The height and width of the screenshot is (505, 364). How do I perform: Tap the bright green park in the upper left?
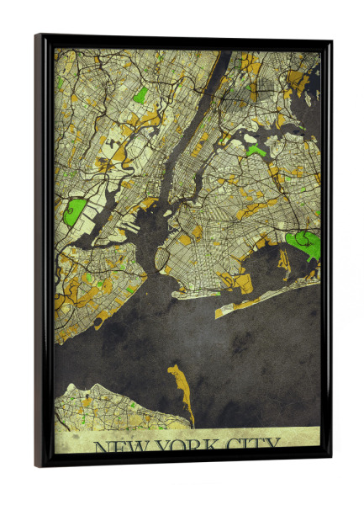click(x=140, y=94)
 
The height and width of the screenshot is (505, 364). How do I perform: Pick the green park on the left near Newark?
click(x=75, y=211)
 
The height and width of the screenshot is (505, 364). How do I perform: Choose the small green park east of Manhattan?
click(x=255, y=151)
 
